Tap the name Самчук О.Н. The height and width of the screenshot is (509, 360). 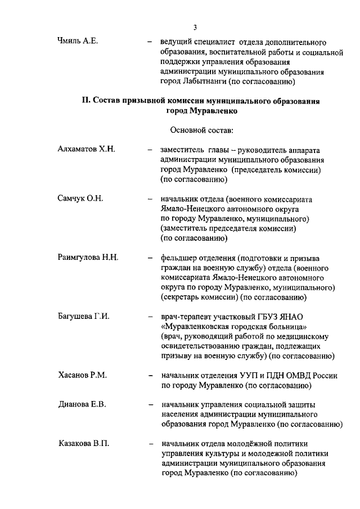[80, 199]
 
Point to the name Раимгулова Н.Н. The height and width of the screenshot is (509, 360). [88, 258]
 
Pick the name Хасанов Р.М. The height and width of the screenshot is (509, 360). [82, 375]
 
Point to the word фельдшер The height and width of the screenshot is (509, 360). [179, 258]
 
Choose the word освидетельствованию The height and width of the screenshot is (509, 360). [200, 346]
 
